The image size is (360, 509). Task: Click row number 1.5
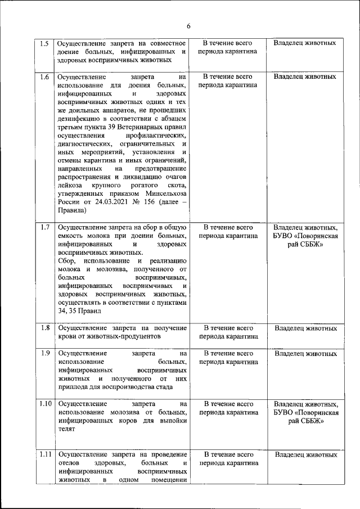44,43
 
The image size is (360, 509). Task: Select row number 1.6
44,76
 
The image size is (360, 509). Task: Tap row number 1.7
44,227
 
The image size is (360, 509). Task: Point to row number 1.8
44,327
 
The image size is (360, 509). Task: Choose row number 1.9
44,353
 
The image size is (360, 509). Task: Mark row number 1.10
46,404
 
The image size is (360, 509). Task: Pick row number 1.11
46,454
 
